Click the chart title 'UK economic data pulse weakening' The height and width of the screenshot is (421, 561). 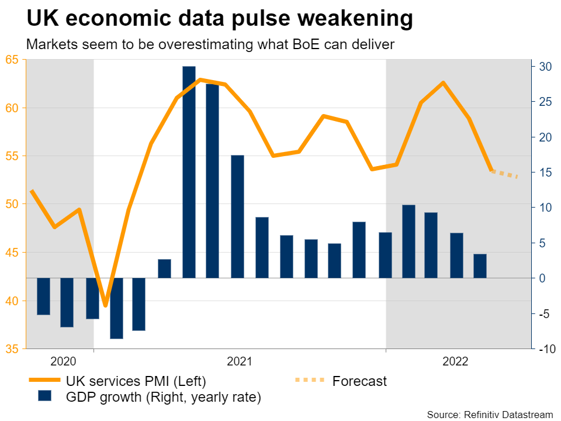click(220, 20)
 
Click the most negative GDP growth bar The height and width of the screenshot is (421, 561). click(116, 308)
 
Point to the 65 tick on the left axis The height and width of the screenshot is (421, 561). click(12, 60)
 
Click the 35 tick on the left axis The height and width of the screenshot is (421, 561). click(12, 349)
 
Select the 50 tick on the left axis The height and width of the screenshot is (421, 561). click(12, 204)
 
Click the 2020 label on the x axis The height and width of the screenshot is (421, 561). click(63, 361)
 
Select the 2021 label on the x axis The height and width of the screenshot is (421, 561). click(239, 361)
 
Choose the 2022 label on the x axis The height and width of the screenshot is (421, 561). click(455, 361)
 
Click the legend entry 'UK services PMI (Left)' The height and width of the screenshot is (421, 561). click(136, 381)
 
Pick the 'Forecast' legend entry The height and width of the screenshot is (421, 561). click(359, 381)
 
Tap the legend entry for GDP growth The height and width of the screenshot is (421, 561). click(164, 398)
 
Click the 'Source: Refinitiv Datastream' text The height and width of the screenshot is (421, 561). click(490, 415)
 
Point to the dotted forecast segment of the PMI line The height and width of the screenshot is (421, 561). click(505, 174)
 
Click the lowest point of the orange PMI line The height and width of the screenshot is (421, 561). click(105, 305)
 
